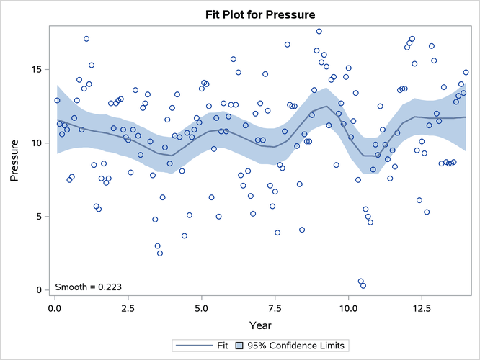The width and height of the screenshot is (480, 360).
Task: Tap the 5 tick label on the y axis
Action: coord(40,217)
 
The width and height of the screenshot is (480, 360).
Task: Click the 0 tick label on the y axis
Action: coord(40,290)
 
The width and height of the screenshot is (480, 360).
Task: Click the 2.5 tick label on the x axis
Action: coord(128,307)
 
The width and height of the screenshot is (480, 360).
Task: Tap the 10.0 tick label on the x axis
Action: coord(348,307)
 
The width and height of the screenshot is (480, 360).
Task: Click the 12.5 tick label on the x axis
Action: coord(422,307)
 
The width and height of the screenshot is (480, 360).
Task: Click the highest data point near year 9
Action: coord(319,32)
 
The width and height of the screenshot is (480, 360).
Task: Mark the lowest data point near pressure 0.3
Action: coord(363,286)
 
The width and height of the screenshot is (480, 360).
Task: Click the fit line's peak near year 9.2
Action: coord(326,107)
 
